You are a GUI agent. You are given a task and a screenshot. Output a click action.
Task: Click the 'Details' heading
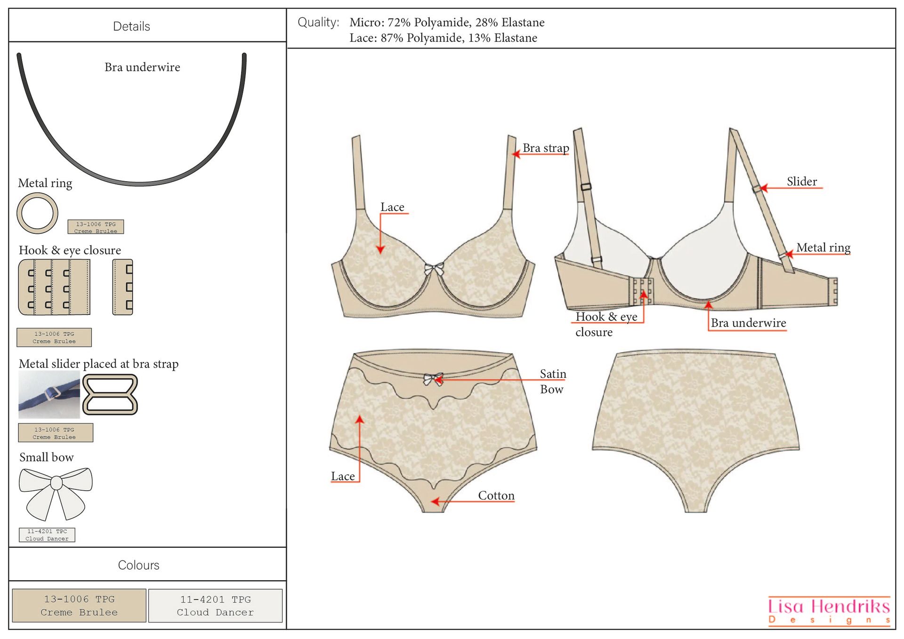(x=131, y=26)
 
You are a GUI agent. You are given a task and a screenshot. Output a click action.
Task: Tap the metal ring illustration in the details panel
(x=37, y=213)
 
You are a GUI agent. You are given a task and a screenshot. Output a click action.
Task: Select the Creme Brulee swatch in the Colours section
(x=79, y=606)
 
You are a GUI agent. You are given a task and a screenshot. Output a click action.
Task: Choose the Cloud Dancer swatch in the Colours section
(x=215, y=606)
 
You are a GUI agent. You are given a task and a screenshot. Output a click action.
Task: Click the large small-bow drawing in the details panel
(x=56, y=492)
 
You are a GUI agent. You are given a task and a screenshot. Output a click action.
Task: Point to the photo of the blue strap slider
(x=49, y=394)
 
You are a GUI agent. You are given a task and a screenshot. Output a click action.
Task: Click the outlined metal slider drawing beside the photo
(x=110, y=394)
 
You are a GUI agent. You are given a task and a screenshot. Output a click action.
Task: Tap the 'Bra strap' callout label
(x=545, y=148)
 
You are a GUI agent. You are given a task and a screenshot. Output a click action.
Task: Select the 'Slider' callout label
(x=801, y=182)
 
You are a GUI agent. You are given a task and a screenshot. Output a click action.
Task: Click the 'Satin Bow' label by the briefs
(x=552, y=381)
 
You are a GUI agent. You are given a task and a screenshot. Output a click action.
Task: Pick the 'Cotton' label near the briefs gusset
(x=496, y=495)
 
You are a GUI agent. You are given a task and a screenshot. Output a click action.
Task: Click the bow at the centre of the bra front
(x=434, y=269)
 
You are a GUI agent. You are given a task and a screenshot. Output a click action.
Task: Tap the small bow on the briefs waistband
(x=433, y=379)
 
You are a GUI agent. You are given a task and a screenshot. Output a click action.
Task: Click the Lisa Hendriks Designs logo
(x=829, y=611)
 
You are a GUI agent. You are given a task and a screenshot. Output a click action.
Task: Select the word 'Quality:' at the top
(x=318, y=23)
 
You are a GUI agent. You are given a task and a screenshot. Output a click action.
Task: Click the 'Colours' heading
(x=138, y=565)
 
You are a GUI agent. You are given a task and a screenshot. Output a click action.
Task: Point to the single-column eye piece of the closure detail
(x=123, y=287)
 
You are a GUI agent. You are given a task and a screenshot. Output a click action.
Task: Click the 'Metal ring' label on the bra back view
(x=823, y=248)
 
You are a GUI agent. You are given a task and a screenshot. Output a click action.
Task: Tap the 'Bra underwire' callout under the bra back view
(x=748, y=323)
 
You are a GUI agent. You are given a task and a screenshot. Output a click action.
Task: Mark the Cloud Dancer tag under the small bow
(x=47, y=535)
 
